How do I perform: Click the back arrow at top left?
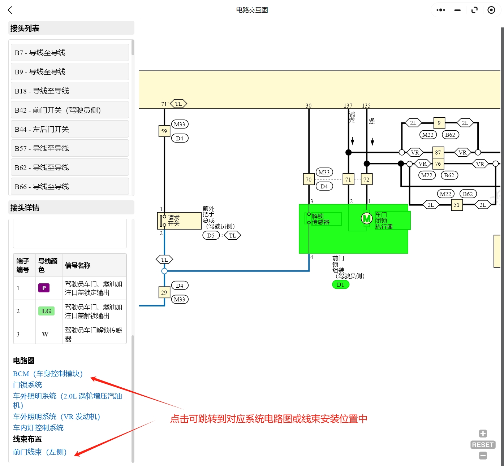pyautogui.click(x=10, y=10)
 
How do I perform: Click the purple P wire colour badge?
pyautogui.click(x=44, y=288)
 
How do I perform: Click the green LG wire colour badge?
pyautogui.click(x=46, y=311)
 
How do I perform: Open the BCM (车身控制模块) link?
pyautogui.click(x=48, y=374)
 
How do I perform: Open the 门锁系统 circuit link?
pyautogui.click(x=27, y=385)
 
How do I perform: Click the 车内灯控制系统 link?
pyautogui.click(x=38, y=428)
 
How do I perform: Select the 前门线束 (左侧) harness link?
pyautogui.click(x=40, y=452)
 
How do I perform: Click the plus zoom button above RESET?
pyautogui.click(x=483, y=434)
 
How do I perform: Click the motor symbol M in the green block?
pyautogui.click(x=367, y=218)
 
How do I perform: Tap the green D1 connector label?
pyautogui.click(x=340, y=285)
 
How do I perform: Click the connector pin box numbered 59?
pyautogui.click(x=164, y=131)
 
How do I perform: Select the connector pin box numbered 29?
pyautogui.click(x=164, y=292)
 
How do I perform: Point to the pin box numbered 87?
pyautogui.click(x=438, y=152)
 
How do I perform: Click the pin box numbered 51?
pyautogui.click(x=457, y=205)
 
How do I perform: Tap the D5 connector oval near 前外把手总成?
pyautogui.click(x=211, y=236)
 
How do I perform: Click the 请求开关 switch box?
pyautogui.click(x=179, y=221)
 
